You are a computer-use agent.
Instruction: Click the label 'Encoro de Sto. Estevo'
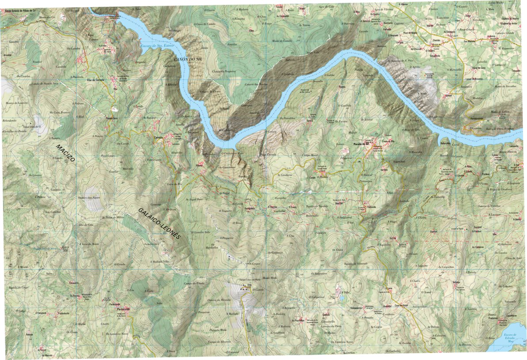tap(157, 45)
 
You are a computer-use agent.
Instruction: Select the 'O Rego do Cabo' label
tap(411, 129)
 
